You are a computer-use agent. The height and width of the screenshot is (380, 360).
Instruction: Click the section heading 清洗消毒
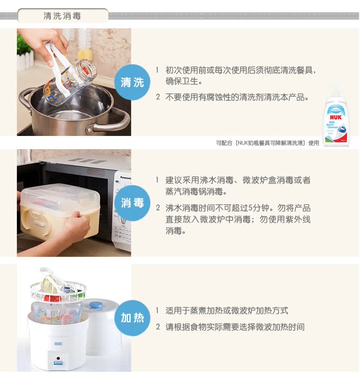[62, 16]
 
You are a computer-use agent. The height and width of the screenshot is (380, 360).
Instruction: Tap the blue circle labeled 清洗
[132, 82]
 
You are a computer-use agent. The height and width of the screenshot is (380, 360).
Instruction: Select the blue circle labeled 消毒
[132, 203]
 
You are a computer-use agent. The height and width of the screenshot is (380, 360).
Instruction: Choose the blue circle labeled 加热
[132, 318]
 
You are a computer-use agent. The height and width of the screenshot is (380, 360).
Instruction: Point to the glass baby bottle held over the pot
[70, 83]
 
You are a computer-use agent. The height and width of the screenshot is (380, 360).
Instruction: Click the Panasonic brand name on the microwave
[126, 177]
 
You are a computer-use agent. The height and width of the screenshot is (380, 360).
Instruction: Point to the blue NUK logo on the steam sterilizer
[58, 344]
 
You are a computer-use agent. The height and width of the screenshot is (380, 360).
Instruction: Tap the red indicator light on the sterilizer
[58, 358]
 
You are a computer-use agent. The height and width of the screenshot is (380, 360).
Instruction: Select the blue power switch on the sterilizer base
[58, 363]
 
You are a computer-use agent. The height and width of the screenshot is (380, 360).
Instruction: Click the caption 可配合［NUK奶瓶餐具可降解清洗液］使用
[267, 143]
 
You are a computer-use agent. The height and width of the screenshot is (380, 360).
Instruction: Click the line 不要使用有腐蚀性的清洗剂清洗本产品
[237, 97]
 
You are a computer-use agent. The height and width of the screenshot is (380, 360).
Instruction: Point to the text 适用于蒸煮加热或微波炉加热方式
[227, 311]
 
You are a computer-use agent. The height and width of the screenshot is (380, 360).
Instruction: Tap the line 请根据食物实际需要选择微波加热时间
[235, 327]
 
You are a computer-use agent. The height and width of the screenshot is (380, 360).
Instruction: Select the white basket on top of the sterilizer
[58, 291]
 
